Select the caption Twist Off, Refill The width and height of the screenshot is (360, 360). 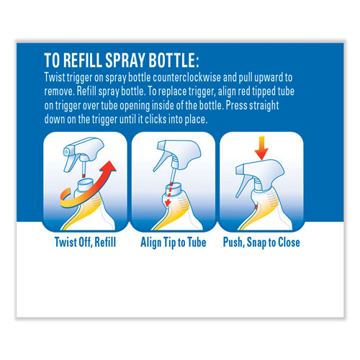tap(83, 242)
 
